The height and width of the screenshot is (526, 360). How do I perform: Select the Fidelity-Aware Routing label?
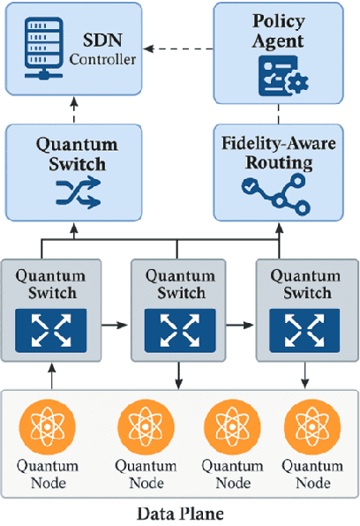tap(278, 151)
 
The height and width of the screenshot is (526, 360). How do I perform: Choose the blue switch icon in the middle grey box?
tap(180, 327)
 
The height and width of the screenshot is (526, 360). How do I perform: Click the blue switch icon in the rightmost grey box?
tap(306, 327)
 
